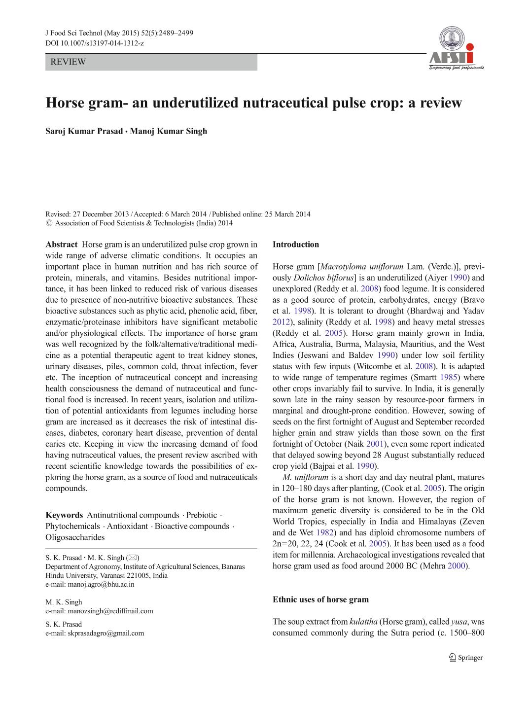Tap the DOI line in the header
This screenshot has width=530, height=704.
point(95,43)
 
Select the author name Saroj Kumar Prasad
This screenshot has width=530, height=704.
point(84,131)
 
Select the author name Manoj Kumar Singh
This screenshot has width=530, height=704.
point(169,131)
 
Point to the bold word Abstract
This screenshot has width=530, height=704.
point(62,245)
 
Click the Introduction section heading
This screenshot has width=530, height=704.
point(296,245)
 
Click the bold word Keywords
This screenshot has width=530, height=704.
point(64,515)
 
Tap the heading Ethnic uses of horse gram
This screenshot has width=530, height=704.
point(320,599)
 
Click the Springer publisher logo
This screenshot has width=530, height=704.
point(465,657)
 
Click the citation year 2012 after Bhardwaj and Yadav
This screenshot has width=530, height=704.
point(281,322)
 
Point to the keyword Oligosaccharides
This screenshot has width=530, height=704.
point(75,537)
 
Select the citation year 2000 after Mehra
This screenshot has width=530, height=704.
point(457,566)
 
